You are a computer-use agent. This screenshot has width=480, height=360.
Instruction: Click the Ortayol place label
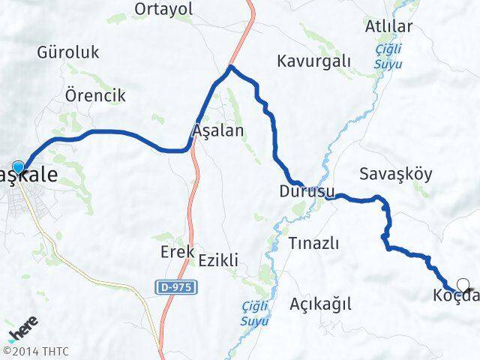coord(163,9)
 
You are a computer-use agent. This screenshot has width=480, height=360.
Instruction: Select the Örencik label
coord(94,96)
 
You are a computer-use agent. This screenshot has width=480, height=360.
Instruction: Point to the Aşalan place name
coord(218,130)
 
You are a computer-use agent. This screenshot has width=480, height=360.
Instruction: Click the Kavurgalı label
coord(313,61)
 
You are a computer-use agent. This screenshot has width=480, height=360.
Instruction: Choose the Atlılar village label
coord(388,27)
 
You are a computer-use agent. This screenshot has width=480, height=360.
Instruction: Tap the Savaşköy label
coord(395,174)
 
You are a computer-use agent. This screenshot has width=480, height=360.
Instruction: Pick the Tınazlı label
coord(313,243)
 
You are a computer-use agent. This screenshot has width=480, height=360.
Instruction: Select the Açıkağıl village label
coord(320,304)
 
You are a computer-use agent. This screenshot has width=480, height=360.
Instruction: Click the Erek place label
coord(178,252)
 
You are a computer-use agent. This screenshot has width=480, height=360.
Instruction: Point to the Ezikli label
coord(218,260)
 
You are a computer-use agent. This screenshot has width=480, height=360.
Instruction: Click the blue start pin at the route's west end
coord(18,166)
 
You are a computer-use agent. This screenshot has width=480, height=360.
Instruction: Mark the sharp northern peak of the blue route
coord(231,67)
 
